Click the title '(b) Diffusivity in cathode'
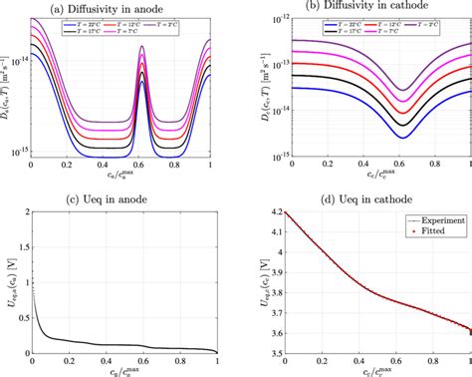pos(368,7)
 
